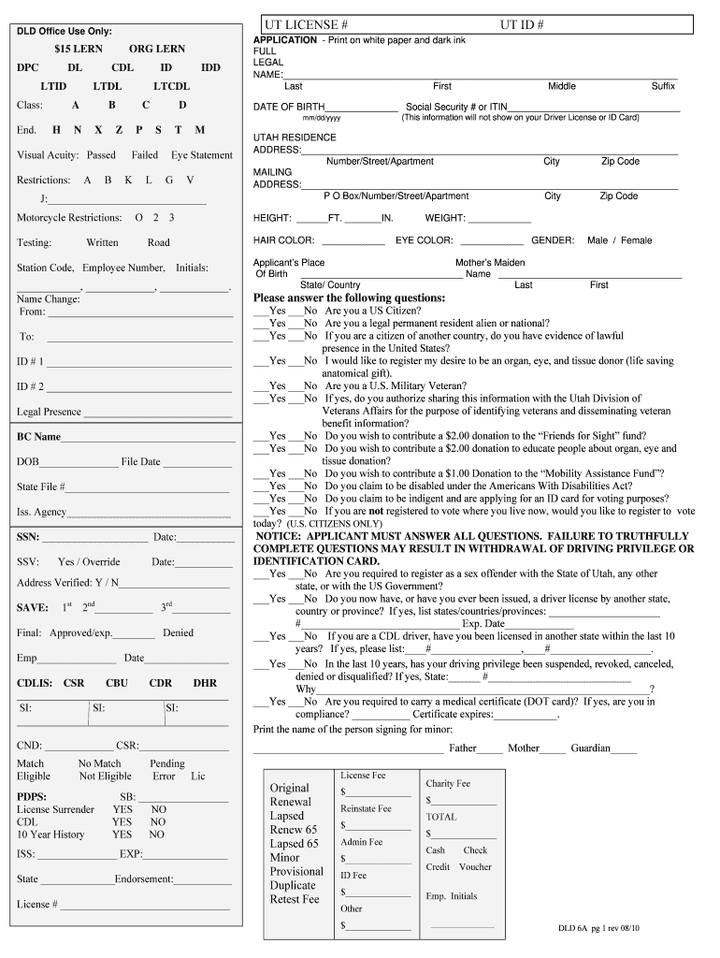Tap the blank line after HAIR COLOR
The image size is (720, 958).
tap(352, 242)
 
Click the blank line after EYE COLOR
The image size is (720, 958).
tap(490, 242)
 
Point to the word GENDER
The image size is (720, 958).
tap(553, 240)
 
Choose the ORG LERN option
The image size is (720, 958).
tap(157, 49)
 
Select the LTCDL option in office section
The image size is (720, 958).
tap(171, 86)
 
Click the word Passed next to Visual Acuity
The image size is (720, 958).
tap(101, 155)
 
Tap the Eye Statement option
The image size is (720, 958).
tap(202, 155)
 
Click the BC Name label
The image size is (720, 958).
tap(38, 437)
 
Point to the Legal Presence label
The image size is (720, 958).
tap(49, 412)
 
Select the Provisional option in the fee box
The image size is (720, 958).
tap(296, 872)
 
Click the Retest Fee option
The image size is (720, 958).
tap(295, 900)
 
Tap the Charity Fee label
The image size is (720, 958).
tap(448, 784)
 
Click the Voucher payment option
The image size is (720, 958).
tap(475, 867)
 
